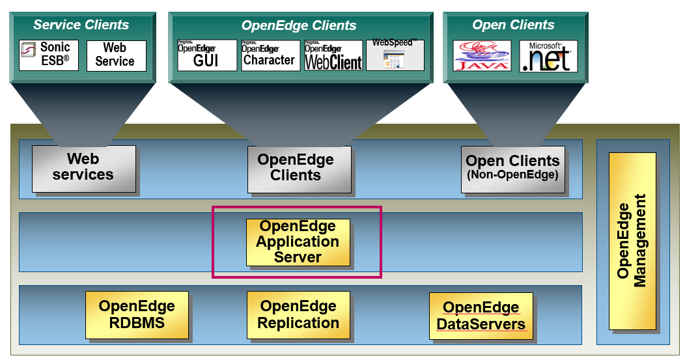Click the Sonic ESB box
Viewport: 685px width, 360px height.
49,55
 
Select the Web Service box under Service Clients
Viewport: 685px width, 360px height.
116,55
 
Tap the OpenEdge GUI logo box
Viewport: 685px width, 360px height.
207,55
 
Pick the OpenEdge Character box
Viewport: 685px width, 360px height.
270,55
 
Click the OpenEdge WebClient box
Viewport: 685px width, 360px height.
333,55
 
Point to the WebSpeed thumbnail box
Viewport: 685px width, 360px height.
395,55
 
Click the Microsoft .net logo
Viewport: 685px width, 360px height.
548,56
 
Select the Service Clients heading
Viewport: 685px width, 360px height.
81,25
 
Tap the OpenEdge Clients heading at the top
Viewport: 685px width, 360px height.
299,26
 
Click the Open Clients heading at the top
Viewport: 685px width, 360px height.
513,25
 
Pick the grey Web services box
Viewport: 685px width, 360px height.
83,168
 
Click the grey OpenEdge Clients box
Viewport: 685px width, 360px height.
298,168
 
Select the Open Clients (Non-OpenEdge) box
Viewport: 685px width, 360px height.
512,169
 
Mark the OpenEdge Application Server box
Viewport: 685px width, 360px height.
298,242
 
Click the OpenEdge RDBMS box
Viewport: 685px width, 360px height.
137,314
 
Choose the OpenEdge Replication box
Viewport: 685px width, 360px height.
298,314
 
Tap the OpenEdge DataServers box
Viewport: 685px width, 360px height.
481,316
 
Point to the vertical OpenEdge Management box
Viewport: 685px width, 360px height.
632,241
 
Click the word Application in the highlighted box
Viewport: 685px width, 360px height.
298,242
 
